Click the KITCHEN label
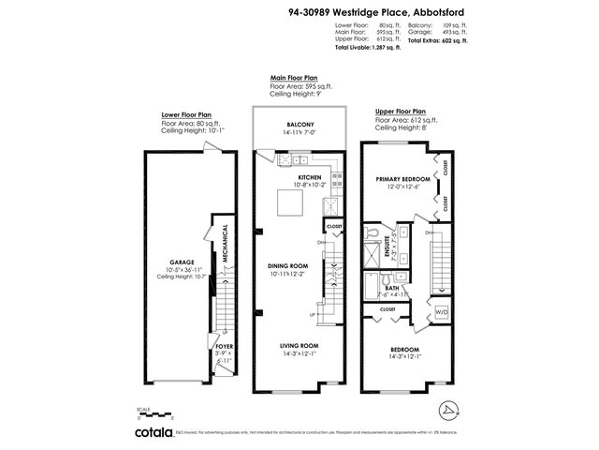pos(310,176)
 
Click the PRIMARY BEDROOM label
pos(402,178)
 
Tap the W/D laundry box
pos(442,311)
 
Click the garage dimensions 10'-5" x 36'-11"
pos(179,270)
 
